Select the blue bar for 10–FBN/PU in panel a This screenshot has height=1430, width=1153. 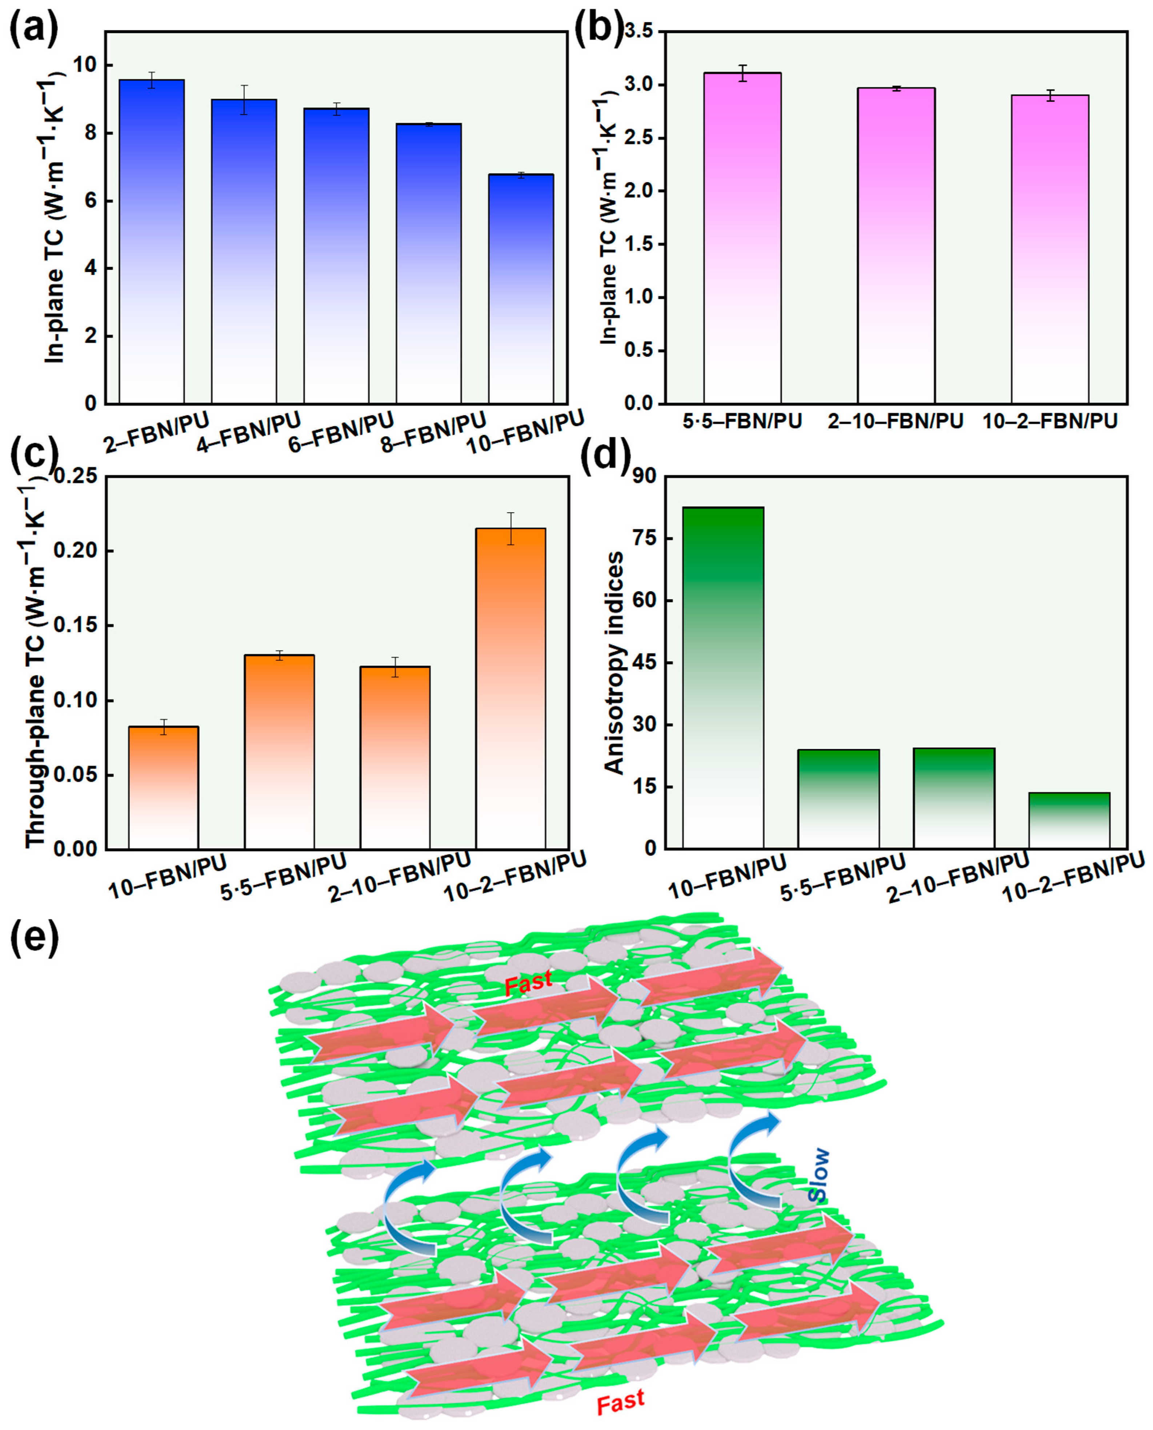(x=521, y=289)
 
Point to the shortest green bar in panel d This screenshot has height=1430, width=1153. (x=1069, y=820)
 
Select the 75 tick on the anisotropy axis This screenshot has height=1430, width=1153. (x=644, y=538)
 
